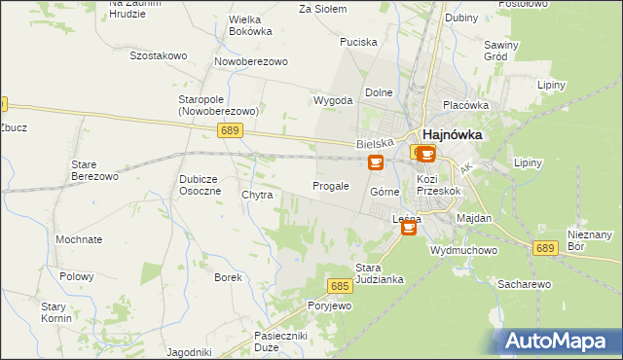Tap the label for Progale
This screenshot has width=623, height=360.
pyautogui.click(x=330, y=186)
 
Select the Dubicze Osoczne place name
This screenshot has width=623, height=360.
pyautogui.click(x=203, y=185)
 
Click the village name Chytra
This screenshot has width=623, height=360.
pyautogui.click(x=257, y=196)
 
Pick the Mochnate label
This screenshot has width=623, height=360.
pyautogui.click(x=79, y=239)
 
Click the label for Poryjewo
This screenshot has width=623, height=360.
pyautogui.click(x=329, y=306)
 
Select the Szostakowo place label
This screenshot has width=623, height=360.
pyautogui.click(x=158, y=55)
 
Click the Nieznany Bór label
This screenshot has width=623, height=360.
pyautogui.click(x=590, y=240)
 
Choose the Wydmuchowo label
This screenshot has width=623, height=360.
pyautogui.click(x=464, y=250)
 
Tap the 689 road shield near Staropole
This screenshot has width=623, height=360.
pyautogui.click(x=231, y=130)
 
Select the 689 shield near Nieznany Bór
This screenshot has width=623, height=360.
pyautogui.click(x=545, y=249)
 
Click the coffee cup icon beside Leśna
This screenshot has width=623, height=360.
pyautogui.click(x=409, y=228)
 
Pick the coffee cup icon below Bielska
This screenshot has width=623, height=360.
pyautogui.click(x=376, y=163)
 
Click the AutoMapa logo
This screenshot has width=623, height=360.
pyautogui.click(x=559, y=341)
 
